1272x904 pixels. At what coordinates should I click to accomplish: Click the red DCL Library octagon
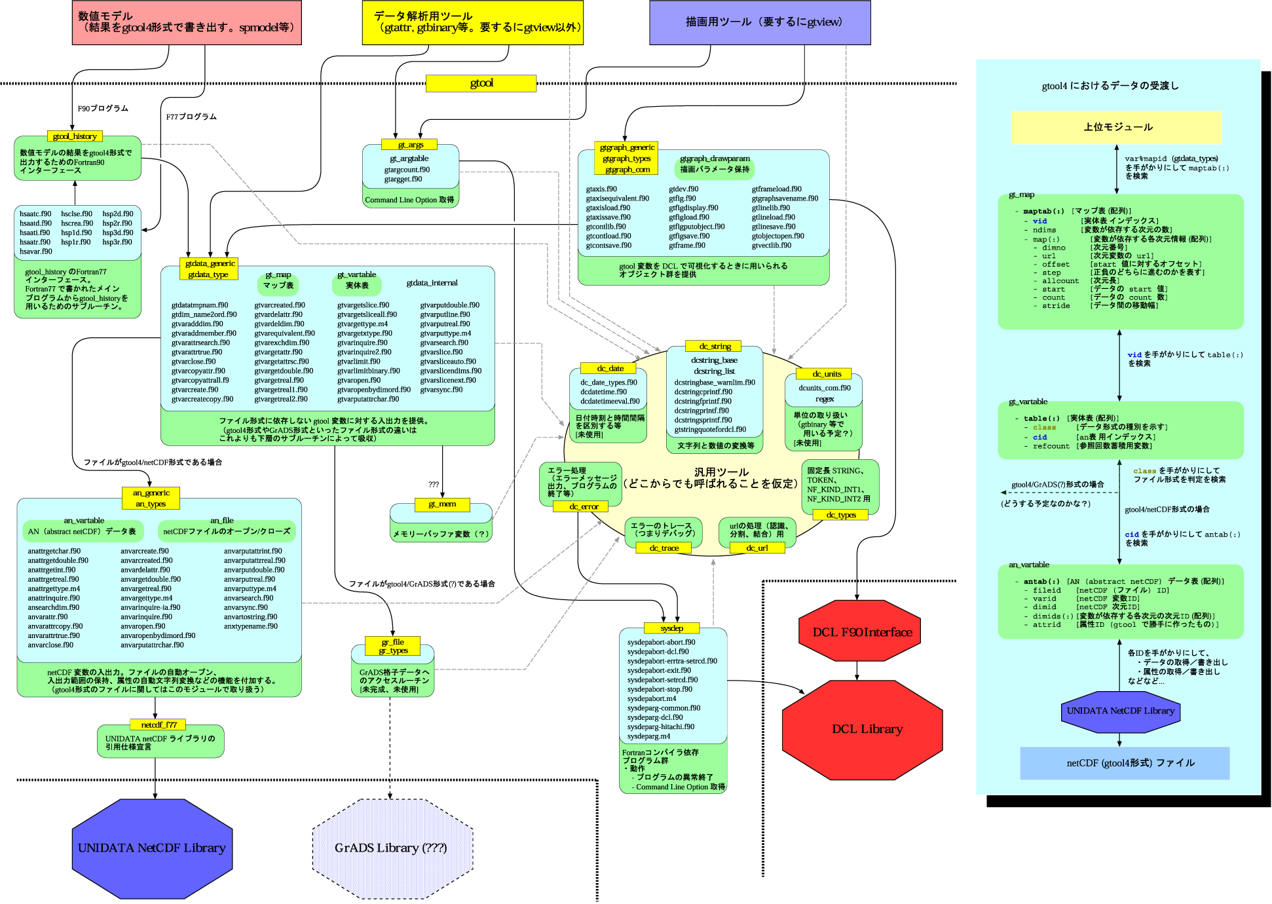pyautogui.click(x=863, y=729)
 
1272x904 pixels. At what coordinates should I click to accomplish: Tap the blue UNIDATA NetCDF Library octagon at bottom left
pyautogui.click(x=152, y=848)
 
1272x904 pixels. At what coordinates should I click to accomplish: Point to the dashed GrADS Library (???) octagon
pyautogui.click(x=391, y=848)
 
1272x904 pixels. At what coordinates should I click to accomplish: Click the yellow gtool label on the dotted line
pyautogui.click(x=481, y=83)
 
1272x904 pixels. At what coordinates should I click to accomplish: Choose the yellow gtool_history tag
pyautogui.click(x=75, y=136)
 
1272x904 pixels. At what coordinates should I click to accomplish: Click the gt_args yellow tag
pyautogui.click(x=411, y=145)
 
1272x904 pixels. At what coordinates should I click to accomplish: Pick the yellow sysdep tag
pyautogui.click(x=672, y=628)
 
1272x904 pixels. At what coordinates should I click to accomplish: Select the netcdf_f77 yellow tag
pyautogui.click(x=159, y=725)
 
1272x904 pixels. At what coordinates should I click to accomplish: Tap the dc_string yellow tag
pyautogui.click(x=715, y=346)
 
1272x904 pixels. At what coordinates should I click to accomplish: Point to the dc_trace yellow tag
pyautogui.click(x=664, y=548)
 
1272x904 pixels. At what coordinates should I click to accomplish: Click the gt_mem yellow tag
pyautogui.click(x=442, y=504)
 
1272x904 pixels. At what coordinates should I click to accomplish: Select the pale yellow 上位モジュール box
pyautogui.click(x=1117, y=127)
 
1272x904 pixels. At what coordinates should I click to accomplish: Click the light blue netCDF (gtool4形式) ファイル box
pyautogui.click(x=1125, y=763)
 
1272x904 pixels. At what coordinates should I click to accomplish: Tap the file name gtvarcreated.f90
pyautogui.click(x=280, y=305)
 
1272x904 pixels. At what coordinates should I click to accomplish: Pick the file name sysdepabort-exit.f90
pyautogui.click(x=659, y=670)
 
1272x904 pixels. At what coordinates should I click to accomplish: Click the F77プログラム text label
pyautogui.click(x=191, y=117)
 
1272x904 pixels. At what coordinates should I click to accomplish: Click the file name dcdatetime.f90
pyautogui.click(x=603, y=392)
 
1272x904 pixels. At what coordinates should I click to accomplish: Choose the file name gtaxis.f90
pyautogui.click(x=601, y=189)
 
